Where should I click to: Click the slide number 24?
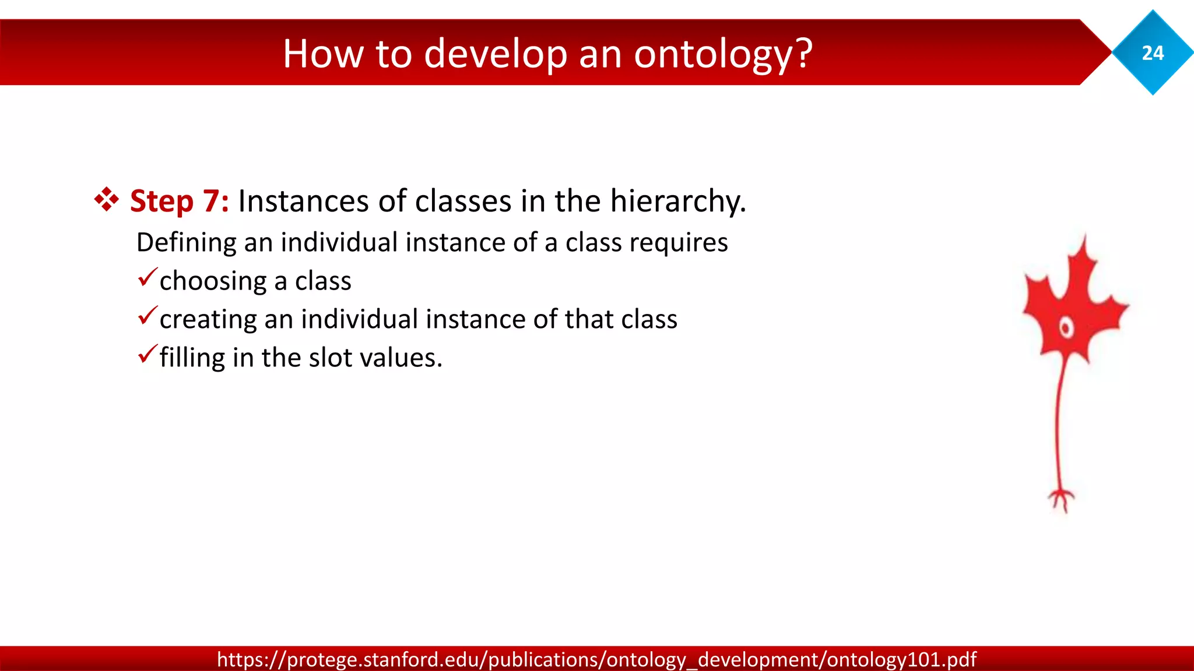(x=1153, y=53)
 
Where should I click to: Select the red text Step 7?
(x=179, y=202)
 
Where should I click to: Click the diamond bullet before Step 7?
(x=107, y=200)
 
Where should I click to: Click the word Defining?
(x=186, y=243)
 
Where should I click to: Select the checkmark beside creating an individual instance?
(x=148, y=316)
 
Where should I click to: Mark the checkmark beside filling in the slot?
(x=148, y=354)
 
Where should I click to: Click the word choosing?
(x=213, y=281)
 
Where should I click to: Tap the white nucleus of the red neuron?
(x=1066, y=328)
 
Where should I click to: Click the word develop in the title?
(x=495, y=54)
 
